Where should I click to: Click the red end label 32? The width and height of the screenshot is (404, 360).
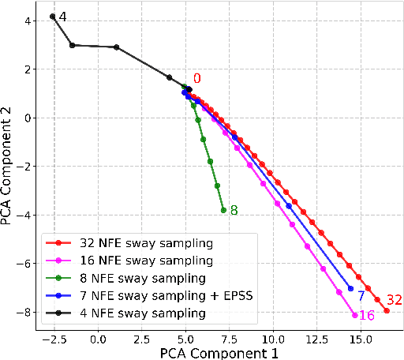(394, 299)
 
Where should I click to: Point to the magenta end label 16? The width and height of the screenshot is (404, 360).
(366, 315)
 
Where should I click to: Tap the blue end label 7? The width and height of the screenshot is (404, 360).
(361, 296)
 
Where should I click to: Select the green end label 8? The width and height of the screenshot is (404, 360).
(234, 211)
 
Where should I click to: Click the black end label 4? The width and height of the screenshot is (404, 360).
(63, 17)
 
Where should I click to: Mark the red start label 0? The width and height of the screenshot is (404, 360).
(197, 78)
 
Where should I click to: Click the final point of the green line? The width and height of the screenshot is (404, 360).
(223, 210)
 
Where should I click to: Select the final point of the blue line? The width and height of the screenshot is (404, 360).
(350, 287)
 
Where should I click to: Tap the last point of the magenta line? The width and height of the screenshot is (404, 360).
(354, 315)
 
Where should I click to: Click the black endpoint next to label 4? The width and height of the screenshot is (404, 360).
(52, 17)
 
